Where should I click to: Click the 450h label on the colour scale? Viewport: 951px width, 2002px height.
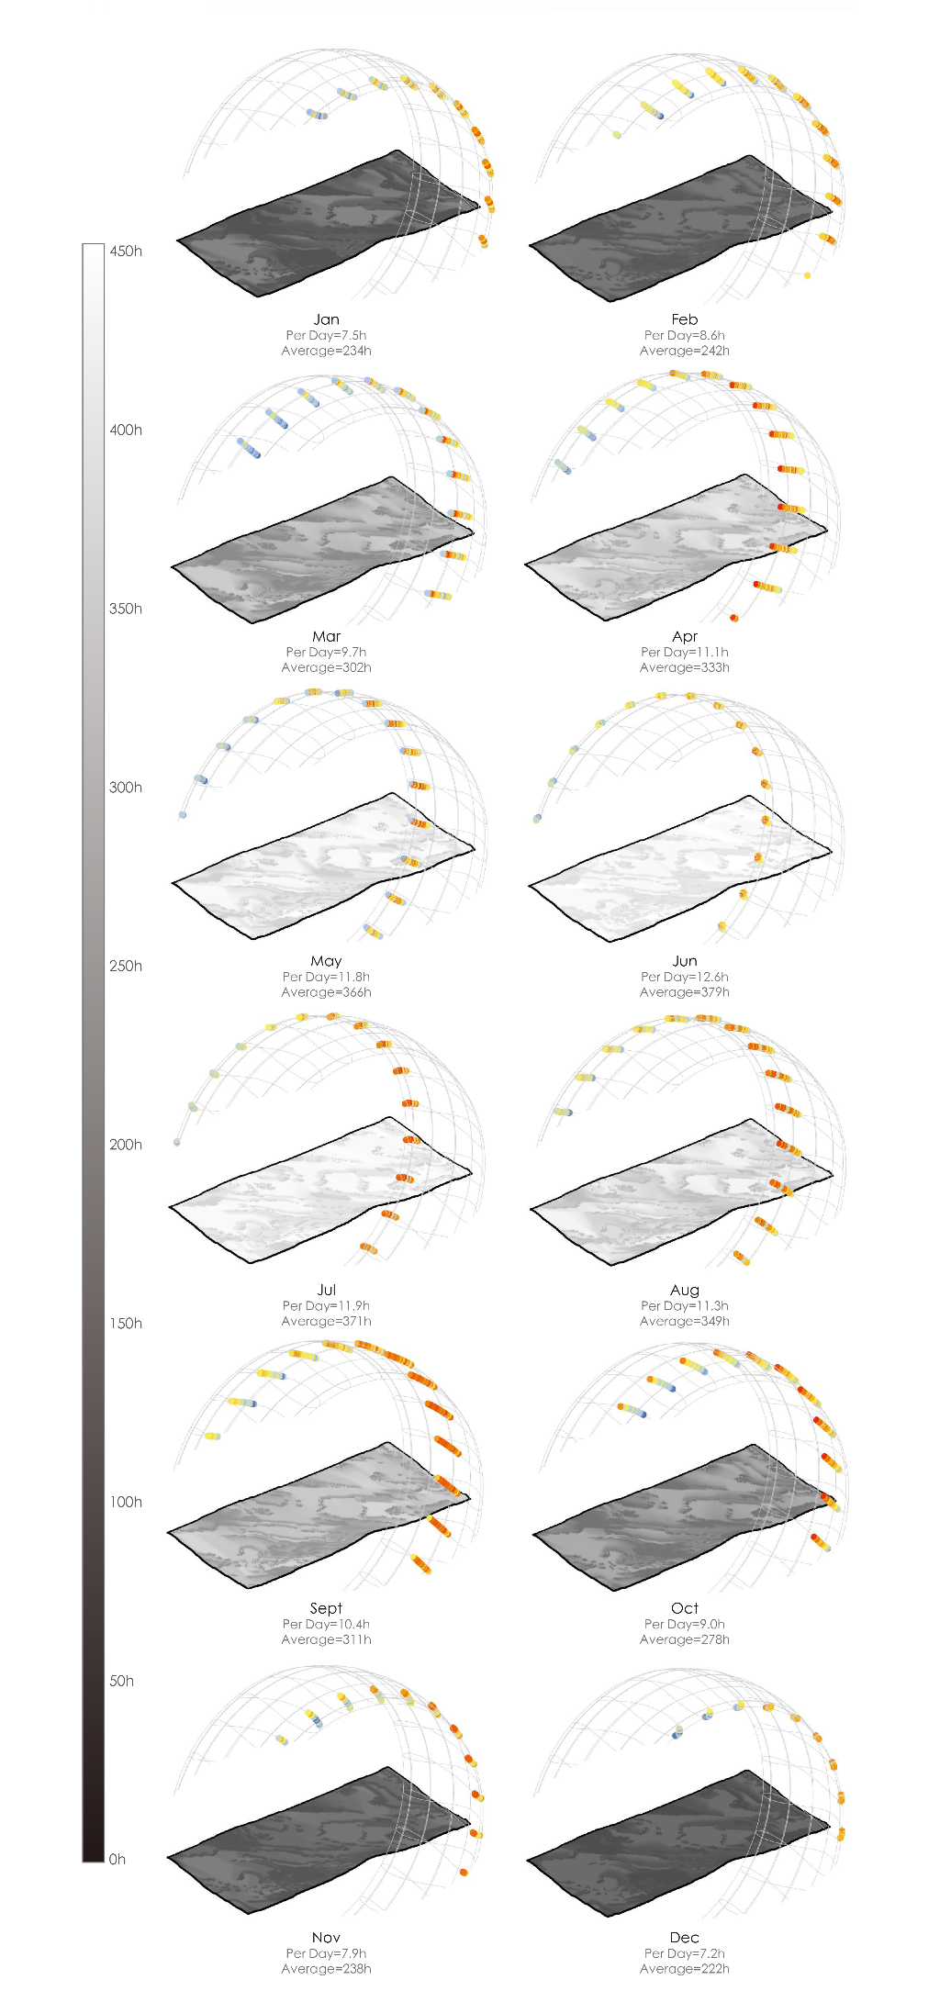[126, 252]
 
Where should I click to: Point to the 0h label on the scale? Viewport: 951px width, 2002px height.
[117, 1860]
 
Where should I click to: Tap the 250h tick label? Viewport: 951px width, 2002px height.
[126, 966]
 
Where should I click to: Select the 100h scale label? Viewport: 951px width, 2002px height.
[126, 1502]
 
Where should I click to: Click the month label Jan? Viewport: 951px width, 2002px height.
[326, 319]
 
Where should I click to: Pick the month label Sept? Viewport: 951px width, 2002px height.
[326, 1608]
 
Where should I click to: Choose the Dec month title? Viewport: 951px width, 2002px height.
[685, 1938]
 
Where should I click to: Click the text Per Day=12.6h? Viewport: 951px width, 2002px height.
[685, 977]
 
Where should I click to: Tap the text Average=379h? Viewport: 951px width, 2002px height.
[685, 992]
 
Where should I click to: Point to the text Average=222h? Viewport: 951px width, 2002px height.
[685, 1969]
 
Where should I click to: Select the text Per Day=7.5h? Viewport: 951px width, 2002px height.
[326, 335]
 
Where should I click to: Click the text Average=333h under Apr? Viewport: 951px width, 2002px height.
[685, 667]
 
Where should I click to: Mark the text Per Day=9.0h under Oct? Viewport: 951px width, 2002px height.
[685, 1624]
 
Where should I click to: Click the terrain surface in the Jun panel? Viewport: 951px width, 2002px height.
[679, 867]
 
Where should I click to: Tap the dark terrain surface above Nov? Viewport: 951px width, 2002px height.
[317, 1840]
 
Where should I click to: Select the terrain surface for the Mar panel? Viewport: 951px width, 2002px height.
[321, 551]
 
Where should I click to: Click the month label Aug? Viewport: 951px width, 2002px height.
[685, 1291]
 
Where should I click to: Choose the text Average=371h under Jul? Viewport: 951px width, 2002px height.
[326, 1321]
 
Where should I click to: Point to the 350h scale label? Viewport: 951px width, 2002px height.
[126, 609]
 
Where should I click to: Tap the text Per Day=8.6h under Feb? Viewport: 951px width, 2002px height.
[685, 335]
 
